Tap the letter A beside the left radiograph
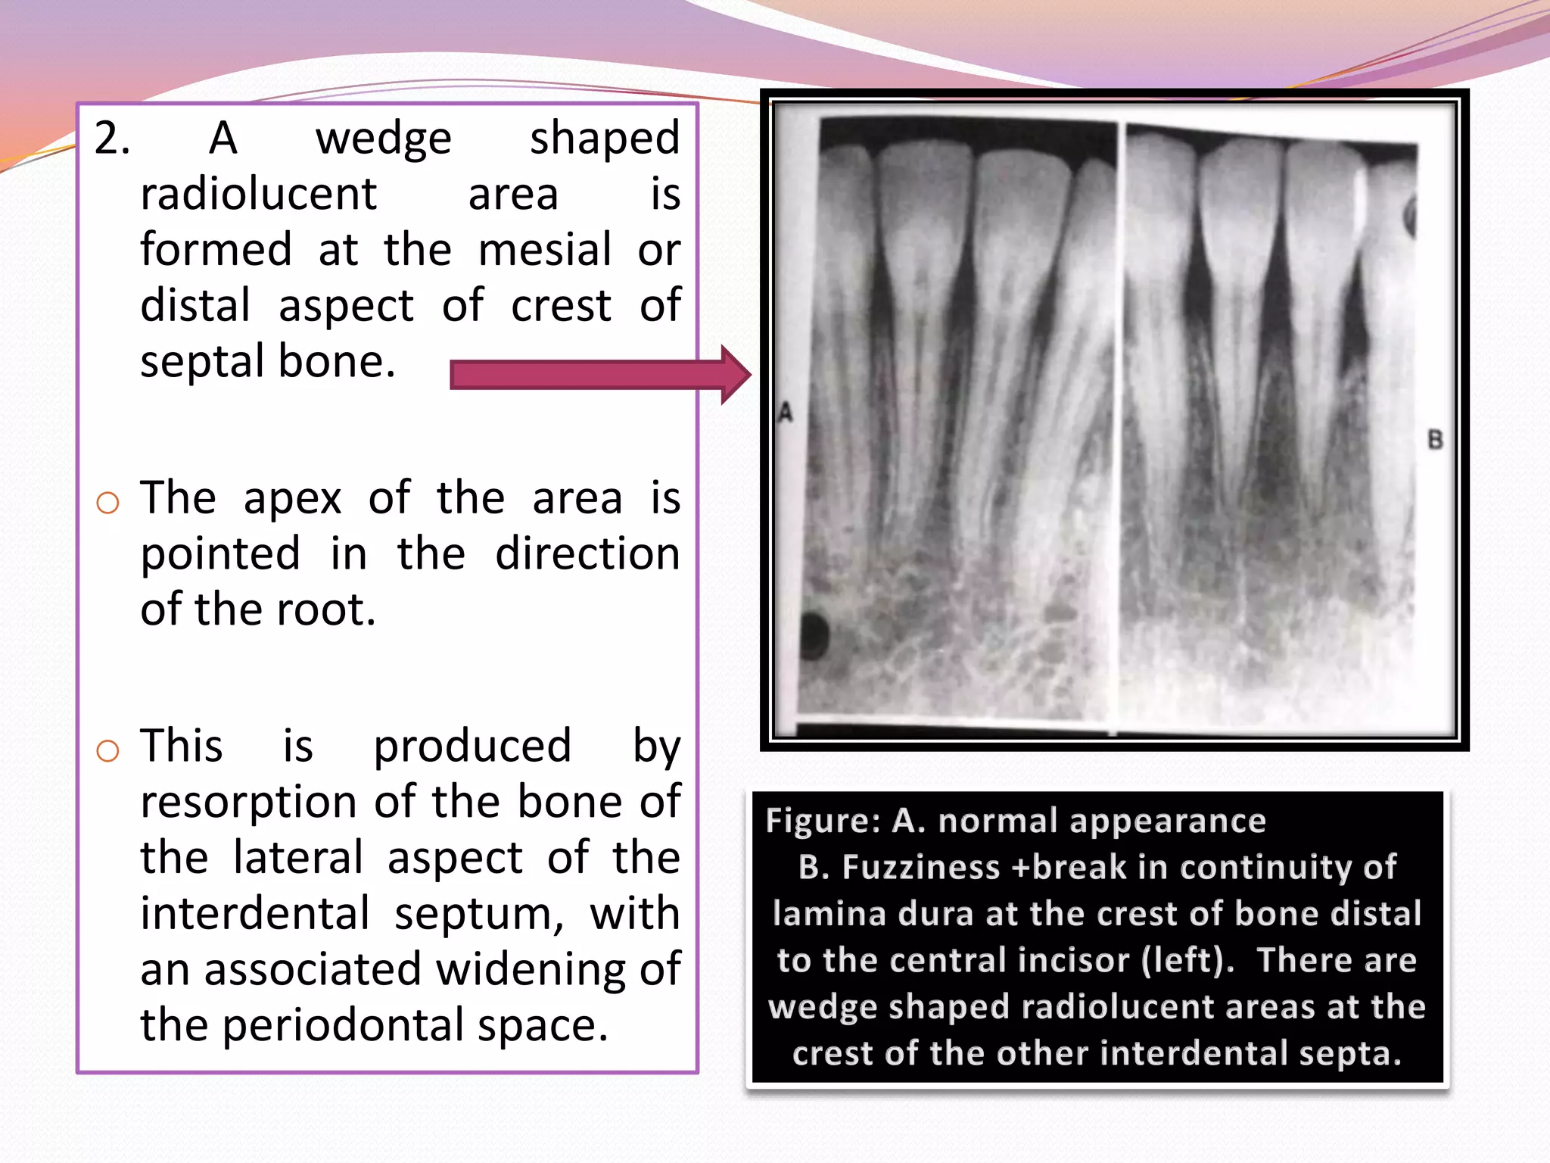786,413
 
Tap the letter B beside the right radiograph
1435,440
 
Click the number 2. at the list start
112,139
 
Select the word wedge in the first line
383,139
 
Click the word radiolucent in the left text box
258,195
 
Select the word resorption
248,801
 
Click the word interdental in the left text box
255,913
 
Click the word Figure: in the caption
823,821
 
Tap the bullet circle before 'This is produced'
108,750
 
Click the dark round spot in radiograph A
814,633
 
